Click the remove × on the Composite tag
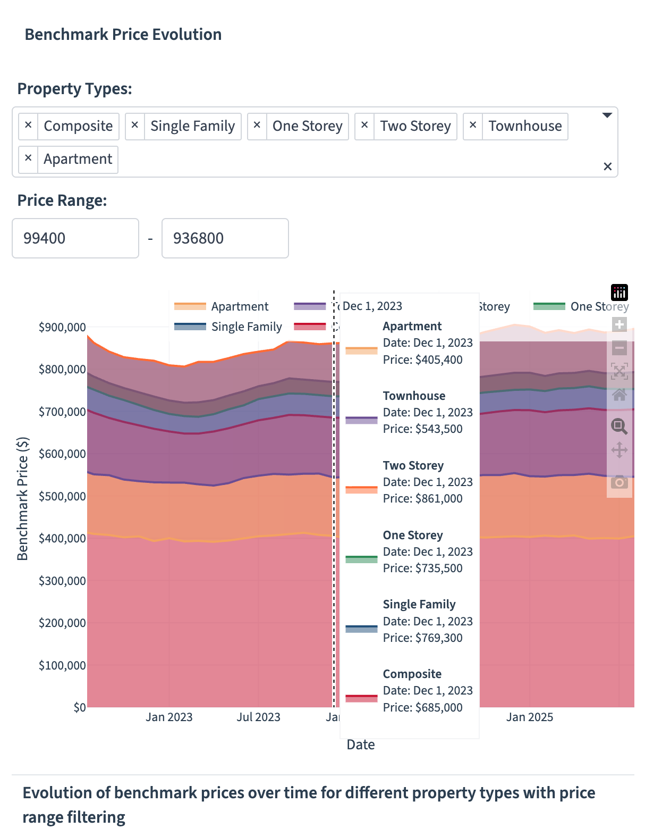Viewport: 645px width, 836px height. click(28, 126)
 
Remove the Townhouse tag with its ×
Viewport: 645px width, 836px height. click(472, 126)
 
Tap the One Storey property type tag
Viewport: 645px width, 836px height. click(307, 126)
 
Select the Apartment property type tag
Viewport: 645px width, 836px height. click(78, 160)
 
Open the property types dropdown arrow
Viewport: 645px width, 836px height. click(607, 115)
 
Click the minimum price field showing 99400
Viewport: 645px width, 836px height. click(75, 238)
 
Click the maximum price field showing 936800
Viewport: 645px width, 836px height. click(225, 238)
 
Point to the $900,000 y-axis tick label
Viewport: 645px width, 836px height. click(62, 327)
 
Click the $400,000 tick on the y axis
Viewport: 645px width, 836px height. click(62, 538)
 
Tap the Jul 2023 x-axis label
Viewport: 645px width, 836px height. click(258, 717)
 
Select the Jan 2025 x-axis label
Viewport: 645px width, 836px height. click(529, 717)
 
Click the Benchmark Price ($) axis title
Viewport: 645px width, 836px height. click(22, 499)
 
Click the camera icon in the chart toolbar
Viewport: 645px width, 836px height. click(619, 482)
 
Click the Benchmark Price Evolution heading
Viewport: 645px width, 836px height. click(123, 35)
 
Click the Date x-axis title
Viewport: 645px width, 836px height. click(360, 745)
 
